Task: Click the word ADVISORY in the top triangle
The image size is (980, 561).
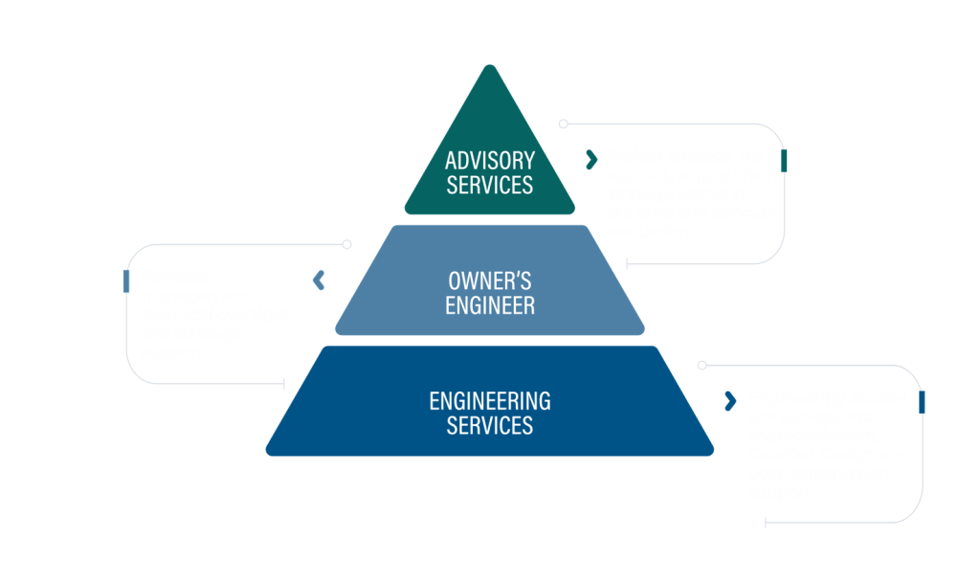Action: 489,160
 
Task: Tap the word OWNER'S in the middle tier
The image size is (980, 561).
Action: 489,281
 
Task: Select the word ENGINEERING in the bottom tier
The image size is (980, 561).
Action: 489,399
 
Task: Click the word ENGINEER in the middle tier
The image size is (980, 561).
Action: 489,306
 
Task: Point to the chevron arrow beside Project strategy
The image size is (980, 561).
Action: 590,159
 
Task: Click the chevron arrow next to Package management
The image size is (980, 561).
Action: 319,280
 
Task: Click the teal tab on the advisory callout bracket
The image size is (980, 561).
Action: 784,160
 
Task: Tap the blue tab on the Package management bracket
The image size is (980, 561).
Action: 126,280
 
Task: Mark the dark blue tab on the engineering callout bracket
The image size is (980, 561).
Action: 922,401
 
